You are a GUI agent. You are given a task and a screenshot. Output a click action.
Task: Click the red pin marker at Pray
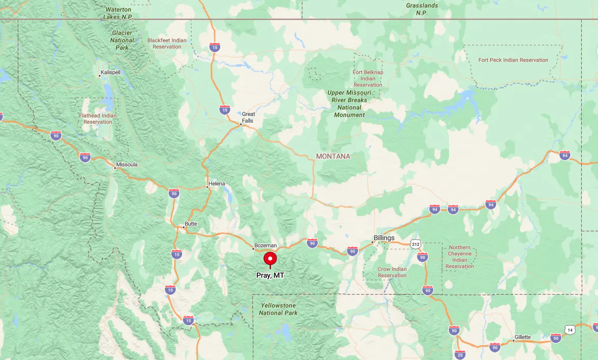pos(270,259)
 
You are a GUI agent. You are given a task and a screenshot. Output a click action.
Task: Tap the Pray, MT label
pos(270,275)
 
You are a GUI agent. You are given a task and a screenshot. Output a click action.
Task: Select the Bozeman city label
pos(265,245)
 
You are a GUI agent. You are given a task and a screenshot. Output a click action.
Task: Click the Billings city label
pos(384,238)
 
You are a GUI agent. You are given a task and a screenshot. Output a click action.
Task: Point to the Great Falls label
pos(248,117)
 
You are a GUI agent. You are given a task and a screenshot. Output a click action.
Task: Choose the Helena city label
pos(216,184)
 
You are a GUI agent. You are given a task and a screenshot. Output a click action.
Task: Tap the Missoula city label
pos(127,165)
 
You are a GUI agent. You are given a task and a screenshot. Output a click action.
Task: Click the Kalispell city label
pos(111,72)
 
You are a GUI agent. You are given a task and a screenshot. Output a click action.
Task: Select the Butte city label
pos(191,224)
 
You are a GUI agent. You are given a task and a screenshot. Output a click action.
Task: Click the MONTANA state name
pos(333,156)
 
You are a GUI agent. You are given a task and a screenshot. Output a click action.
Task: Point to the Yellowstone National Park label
pos(278,309)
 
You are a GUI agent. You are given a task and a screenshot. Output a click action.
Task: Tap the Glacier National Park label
pos(122,40)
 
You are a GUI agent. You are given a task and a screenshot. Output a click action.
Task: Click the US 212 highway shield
pos(416,244)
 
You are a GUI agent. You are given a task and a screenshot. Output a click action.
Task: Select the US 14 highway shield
pos(570,330)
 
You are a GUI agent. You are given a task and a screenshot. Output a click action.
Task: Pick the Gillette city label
pos(522,337)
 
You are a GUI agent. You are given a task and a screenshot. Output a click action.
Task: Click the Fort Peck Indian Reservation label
pos(513,60)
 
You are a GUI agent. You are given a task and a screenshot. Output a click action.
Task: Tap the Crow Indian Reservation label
pos(392,272)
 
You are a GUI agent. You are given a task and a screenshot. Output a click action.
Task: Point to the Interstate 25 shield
pos(460,354)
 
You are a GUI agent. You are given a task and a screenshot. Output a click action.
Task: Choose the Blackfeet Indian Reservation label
pos(167,43)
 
